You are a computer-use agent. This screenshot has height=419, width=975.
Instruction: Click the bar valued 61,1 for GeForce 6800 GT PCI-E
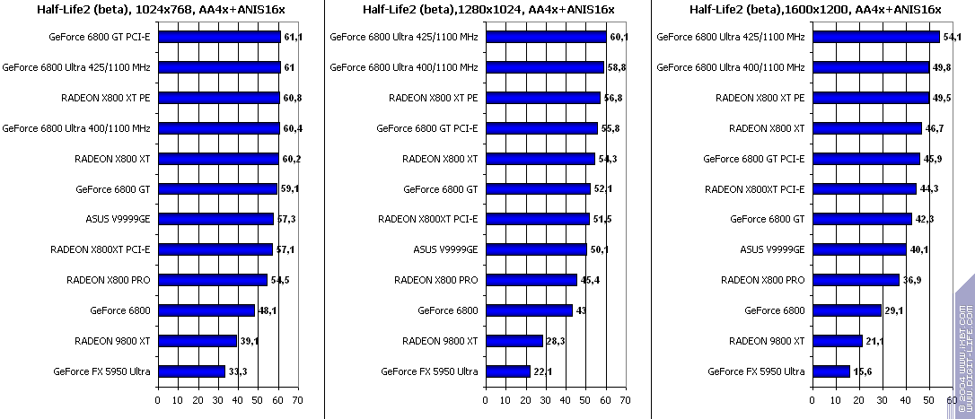click(219, 38)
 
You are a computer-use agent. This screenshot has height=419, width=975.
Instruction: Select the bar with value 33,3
click(191, 371)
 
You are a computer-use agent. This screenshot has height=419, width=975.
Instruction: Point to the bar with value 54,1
click(875, 38)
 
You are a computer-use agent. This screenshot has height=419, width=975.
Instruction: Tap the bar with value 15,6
click(830, 371)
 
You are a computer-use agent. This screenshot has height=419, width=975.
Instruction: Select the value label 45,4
click(590, 280)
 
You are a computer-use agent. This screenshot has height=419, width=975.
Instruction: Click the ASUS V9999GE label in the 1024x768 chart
click(118, 219)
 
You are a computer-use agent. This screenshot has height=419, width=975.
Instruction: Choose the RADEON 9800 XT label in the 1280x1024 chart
click(440, 341)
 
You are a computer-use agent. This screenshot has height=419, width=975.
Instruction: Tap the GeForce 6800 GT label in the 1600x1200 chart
click(768, 219)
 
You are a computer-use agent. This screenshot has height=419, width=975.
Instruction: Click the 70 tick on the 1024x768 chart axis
click(296, 400)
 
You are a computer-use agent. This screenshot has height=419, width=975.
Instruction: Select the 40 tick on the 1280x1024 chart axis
click(566, 400)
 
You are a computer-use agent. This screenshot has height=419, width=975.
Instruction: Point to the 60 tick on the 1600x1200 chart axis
click(951, 400)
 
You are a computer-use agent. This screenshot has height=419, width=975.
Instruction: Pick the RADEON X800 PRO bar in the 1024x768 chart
click(213, 280)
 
